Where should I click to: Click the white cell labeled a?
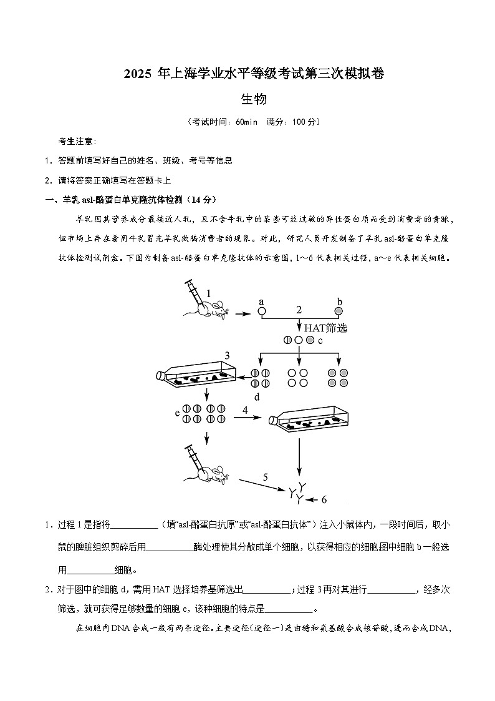262,310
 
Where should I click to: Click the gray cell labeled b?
339,310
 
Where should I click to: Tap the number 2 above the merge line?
299,309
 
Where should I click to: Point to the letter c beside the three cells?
320,340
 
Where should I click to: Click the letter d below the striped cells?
256,397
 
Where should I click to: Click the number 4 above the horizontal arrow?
245,410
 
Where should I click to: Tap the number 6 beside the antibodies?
324,499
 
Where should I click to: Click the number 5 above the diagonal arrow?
265,478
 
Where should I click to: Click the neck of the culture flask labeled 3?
161,376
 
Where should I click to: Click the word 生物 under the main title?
254,99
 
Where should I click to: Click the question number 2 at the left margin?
47,590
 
